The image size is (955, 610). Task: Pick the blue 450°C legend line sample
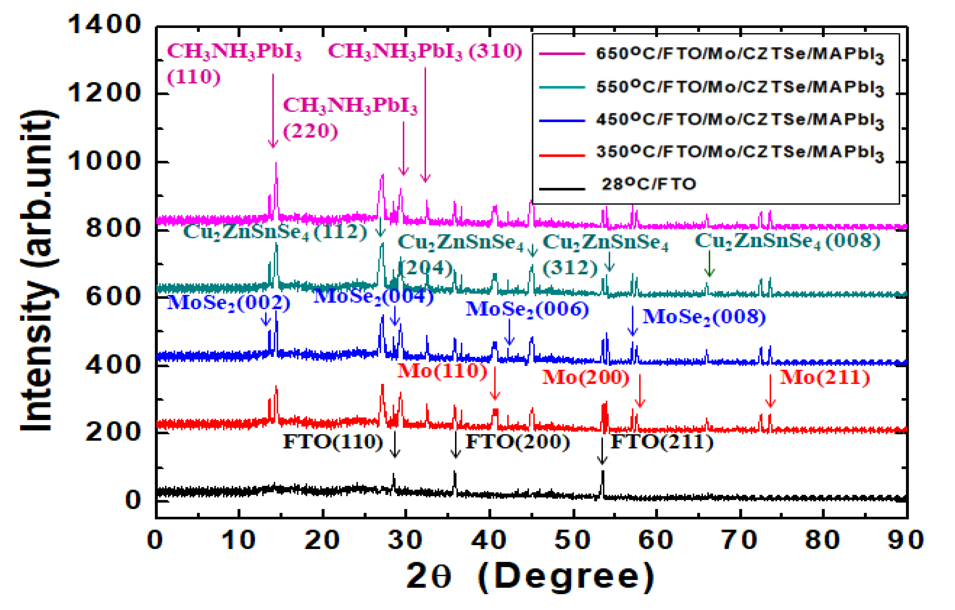[562, 120]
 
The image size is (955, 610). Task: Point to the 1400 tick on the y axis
[104, 24]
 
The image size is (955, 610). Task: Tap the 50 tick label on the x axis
[572, 540]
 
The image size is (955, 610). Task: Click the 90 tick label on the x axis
[906, 540]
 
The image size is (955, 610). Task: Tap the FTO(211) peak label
[662, 442]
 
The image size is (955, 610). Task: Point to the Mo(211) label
[824, 377]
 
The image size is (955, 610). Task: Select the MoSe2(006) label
[527, 309]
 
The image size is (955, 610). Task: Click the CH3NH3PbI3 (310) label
[424, 51]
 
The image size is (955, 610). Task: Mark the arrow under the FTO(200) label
[456, 445]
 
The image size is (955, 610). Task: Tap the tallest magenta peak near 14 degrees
[276, 163]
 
